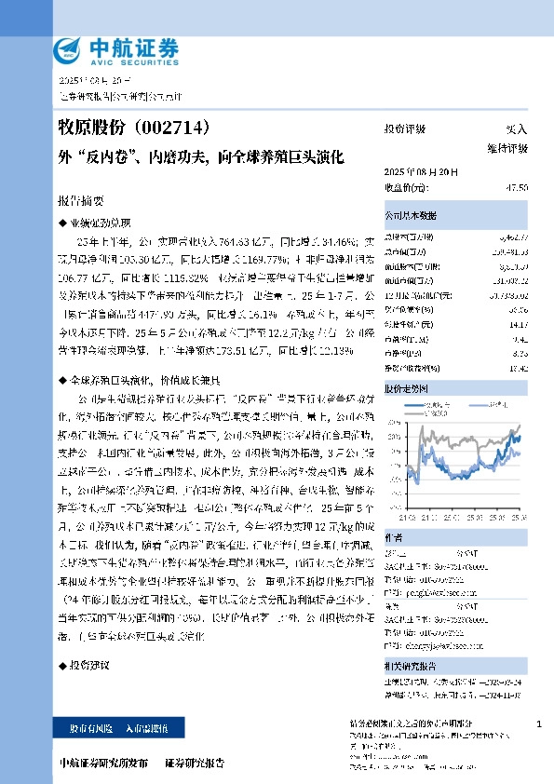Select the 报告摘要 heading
(82, 201)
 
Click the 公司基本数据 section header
(411, 216)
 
